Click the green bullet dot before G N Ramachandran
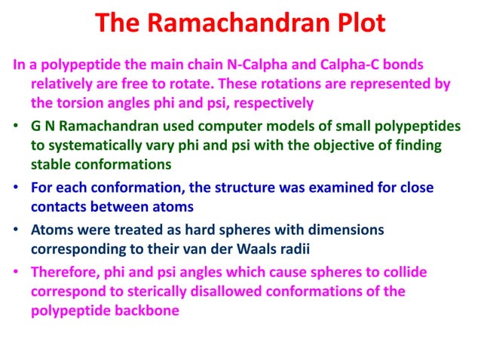17,125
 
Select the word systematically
94,144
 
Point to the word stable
51,163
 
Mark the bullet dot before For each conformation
17,187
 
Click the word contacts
59,206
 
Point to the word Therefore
65,272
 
